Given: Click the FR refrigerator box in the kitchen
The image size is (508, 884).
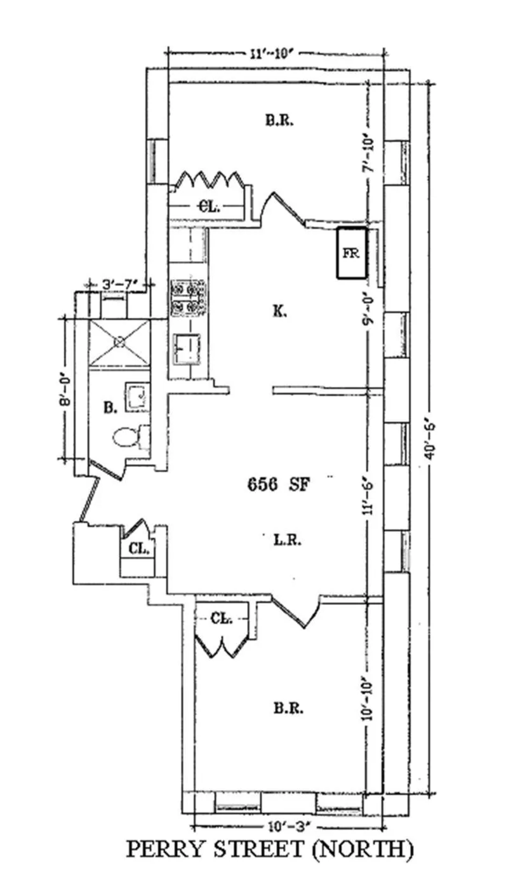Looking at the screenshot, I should click(351, 253).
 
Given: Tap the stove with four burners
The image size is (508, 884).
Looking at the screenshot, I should click(189, 298).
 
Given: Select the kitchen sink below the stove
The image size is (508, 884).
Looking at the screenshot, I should click(187, 349).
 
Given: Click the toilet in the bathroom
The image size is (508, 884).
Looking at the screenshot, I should click(127, 437).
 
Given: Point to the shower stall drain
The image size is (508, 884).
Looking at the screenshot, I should click(119, 342).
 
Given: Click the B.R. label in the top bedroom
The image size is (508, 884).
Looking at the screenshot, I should click(279, 120).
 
